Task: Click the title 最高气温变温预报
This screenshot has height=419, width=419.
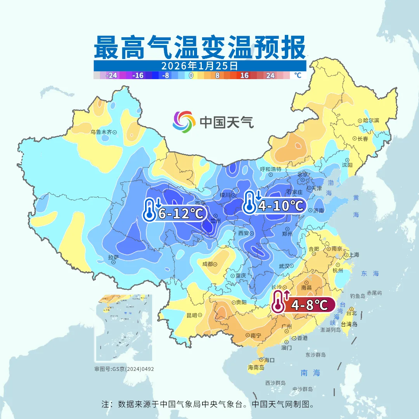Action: coord(200,47)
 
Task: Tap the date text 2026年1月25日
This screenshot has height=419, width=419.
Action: coord(199,66)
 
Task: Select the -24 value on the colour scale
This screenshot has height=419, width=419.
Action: coord(112,76)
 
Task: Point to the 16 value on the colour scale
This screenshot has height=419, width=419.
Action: coord(244,76)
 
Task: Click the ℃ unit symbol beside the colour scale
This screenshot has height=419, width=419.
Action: coord(298,75)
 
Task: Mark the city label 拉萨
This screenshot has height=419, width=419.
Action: coord(113,257)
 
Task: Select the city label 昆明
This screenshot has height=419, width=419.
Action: coord(192,315)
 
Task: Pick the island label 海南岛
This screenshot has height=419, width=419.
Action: coord(256,367)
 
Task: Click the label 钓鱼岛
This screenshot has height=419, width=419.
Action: coord(357,296)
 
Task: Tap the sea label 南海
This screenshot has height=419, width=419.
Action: coord(310,373)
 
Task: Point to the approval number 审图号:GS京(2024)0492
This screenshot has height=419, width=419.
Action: coord(124,369)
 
